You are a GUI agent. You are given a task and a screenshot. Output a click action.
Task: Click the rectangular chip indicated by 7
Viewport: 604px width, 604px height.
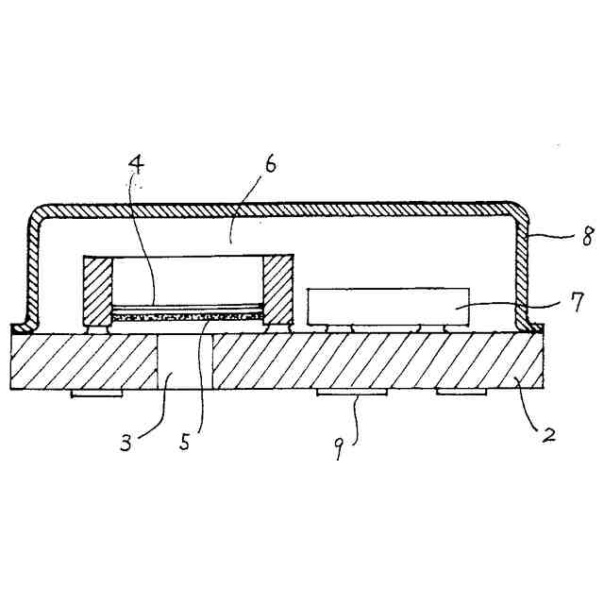pos(388,306)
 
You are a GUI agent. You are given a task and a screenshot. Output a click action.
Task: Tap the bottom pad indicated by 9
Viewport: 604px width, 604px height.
pos(351,393)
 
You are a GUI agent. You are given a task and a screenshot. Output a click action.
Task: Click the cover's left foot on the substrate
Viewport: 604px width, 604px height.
pos(21,329)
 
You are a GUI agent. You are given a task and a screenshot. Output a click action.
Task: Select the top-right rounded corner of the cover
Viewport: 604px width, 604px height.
pos(517,211)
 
